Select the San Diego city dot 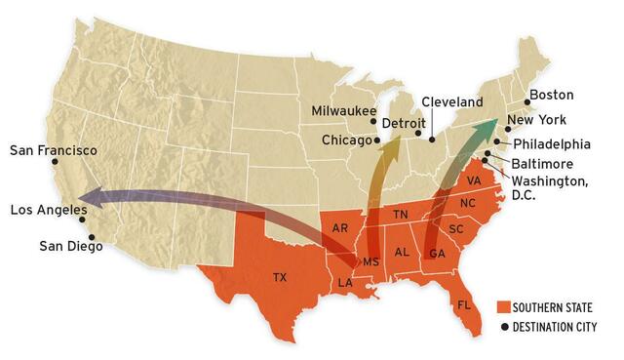(x=91, y=236)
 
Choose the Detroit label (x=404, y=124)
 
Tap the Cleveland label (x=452, y=101)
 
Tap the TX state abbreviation (x=280, y=277)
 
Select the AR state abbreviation (x=340, y=228)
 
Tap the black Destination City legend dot (x=504, y=327)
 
